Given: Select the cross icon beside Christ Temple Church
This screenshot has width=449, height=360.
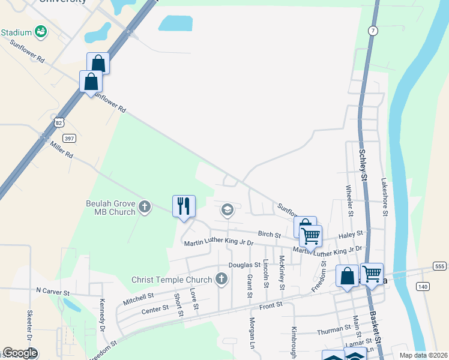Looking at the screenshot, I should (221, 279).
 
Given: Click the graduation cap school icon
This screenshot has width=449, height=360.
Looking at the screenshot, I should (227, 209).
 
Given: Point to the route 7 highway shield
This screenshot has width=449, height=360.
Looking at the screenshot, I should (373, 31).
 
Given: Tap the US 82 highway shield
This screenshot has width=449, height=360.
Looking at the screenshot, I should (58, 122).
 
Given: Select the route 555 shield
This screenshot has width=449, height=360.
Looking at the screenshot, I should (439, 266).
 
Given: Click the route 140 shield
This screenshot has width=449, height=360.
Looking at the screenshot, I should (424, 287).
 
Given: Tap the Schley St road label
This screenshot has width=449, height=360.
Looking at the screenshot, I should (364, 163).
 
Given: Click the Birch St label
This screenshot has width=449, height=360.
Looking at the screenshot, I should (270, 234).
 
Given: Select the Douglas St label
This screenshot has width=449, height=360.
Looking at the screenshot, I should (244, 265).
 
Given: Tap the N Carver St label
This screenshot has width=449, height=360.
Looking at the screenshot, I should (53, 291).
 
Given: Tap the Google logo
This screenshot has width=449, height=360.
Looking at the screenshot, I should (20, 353).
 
